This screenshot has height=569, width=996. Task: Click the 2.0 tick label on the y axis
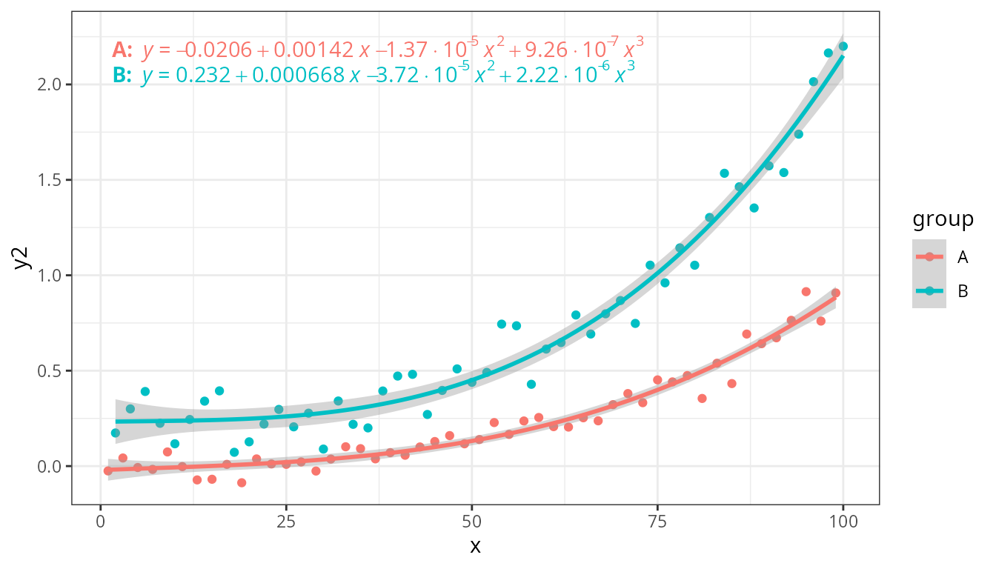pyautogui.click(x=50, y=84)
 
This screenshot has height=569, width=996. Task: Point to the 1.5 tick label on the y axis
pyautogui.click(x=50, y=180)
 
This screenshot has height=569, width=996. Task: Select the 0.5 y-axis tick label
pyautogui.click(x=50, y=370)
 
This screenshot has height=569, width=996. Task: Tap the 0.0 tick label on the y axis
pyautogui.click(x=50, y=466)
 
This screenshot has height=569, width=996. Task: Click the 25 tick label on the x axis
pyautogui.click(x=286, y=522)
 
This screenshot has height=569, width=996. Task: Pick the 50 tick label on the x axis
pyautogui.click(x=472, y=522)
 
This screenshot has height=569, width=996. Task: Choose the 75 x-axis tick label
pyautogui.click(x=657, y=522)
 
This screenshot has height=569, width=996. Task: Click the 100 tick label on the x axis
pyautogui.click(x=843, y=522)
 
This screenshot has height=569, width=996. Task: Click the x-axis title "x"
pyautogui.click(x=475, y=546)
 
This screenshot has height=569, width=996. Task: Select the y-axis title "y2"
pyautogui.click(x=21, y=258)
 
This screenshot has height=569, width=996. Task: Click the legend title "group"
pyautogui.click(x=943, y=220)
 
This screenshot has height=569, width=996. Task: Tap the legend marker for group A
pyautogui.click(x=929, y=257)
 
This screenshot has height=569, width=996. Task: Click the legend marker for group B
pyautogui.click(x=929, y=290)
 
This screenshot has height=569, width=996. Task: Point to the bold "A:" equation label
pyautogui.click(x=122, y=50)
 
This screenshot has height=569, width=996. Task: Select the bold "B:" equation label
pyautogui.click(x=122, y=75)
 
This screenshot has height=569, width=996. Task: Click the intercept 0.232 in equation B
pyautogui.click(x=203, y=75)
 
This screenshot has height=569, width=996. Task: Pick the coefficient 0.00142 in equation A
pyautogui.click(x=313, y=50)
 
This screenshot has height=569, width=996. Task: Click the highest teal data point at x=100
pyautogui.click(x=843, y=46)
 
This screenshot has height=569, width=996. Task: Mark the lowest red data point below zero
pyautogui.click(x=242, y=483)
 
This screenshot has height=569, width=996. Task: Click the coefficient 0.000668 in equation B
pyautogui.click(x=299, y=75)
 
